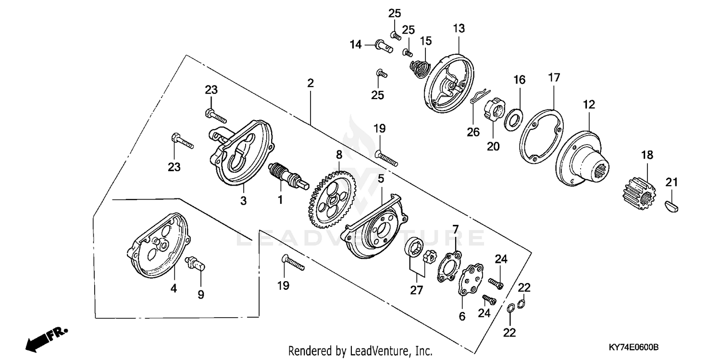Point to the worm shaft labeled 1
pyautogui.click(x=286, y=174)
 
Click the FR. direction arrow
pyautogui.click(x=45, y=338)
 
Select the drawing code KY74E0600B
pyautogui.click(x=633, y=347)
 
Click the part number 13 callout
pyautogui.click(x=459, y=28)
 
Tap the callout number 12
pyautogui.click(x=589, y=104)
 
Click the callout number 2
pyautogui.click(x=311, y=83)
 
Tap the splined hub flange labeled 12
pyautogui.click(x=579, y=159)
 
